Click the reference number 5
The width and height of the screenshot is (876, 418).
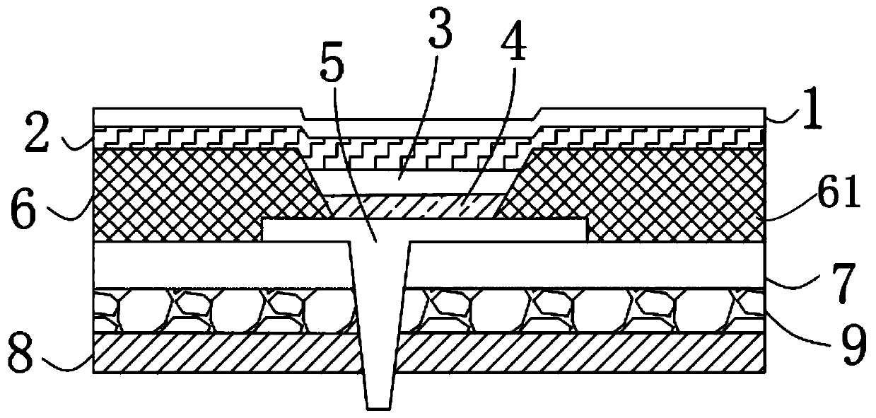click(332, 70)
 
